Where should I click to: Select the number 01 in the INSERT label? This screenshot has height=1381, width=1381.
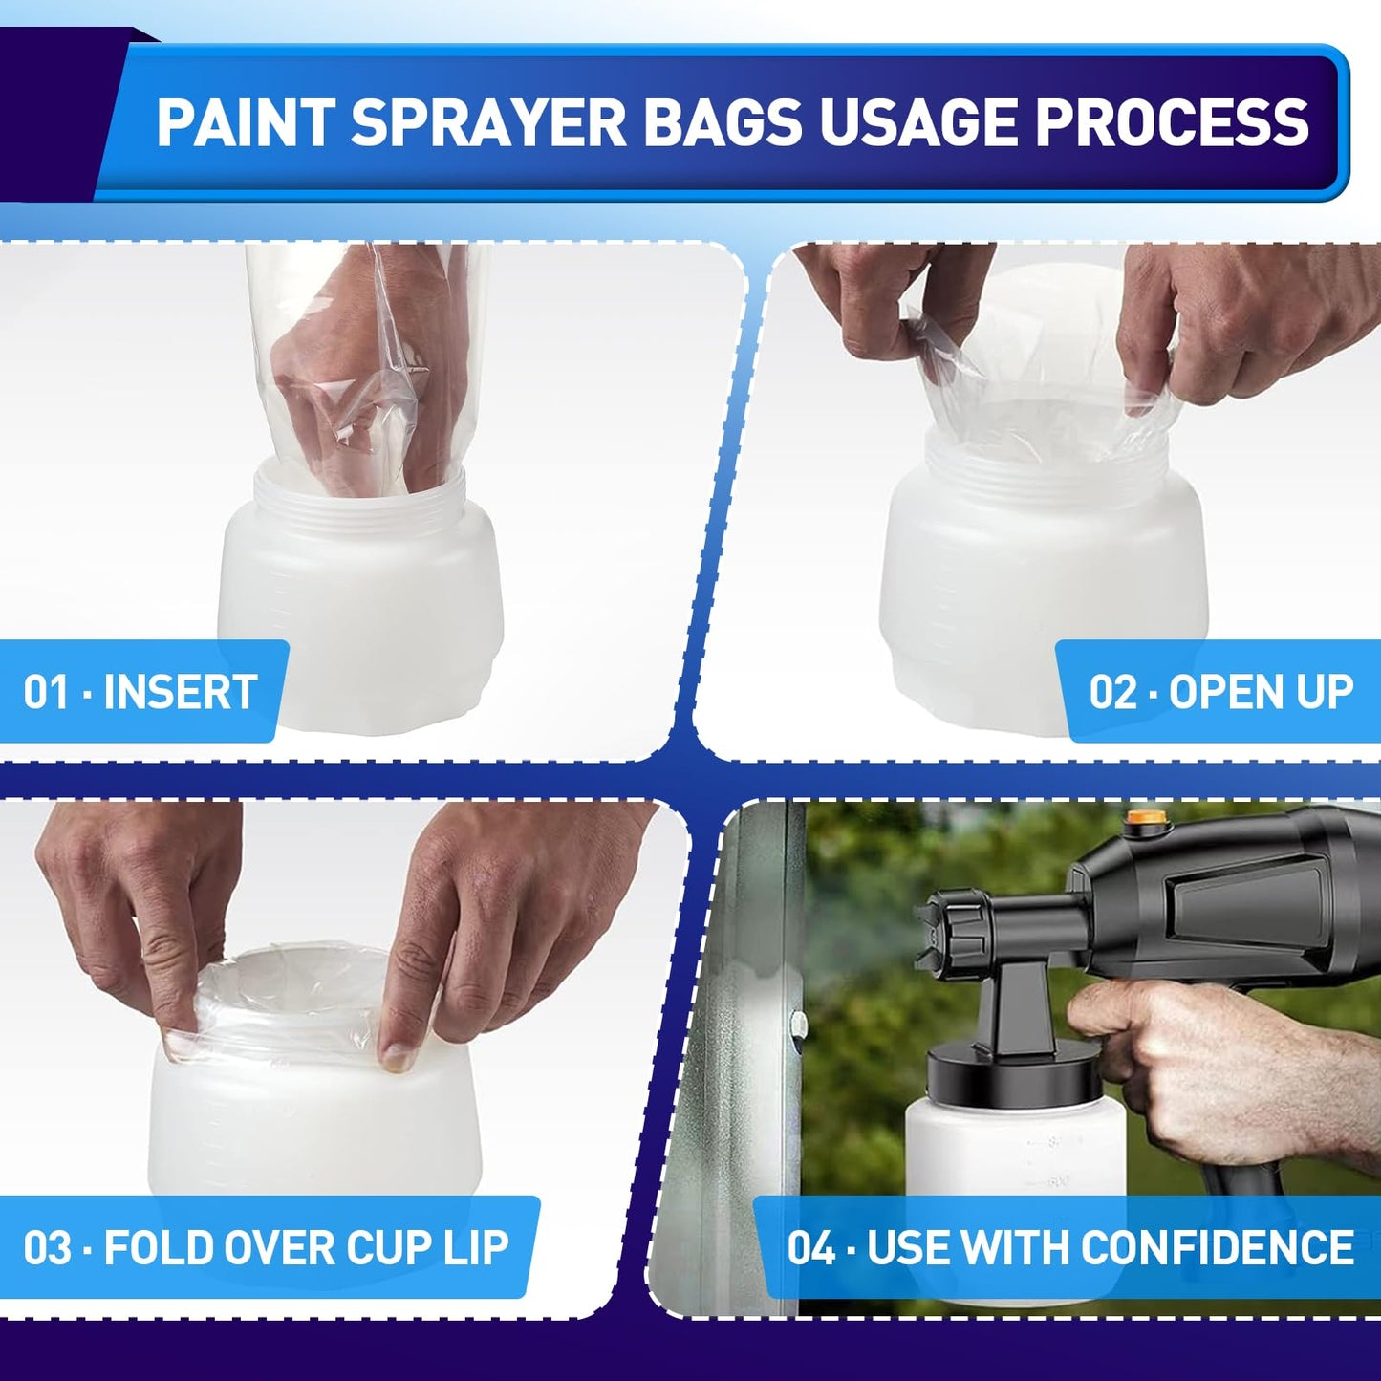[x=46, y=692]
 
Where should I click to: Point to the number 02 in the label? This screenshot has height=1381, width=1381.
[x=1112, y=692]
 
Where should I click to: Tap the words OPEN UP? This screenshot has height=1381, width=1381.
[x=1261, y=692]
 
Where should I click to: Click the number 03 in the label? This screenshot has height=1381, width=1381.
[x=48, y=1248]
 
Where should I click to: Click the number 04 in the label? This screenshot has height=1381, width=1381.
[x=811, y=1248]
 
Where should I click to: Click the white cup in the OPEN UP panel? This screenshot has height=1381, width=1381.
[x=1042, y=573]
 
